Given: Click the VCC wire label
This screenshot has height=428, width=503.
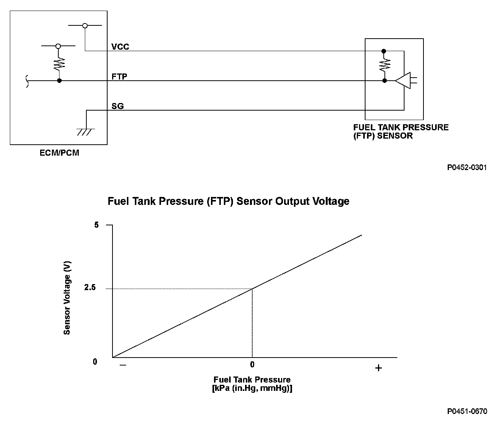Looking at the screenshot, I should [120, 47].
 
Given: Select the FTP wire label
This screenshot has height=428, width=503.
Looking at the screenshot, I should [119, 77].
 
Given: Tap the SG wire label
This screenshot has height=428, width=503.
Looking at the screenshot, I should [118, 106].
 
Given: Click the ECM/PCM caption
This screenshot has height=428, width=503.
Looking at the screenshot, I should [59, 153].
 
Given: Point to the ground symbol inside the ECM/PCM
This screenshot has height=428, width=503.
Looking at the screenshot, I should [86, 132].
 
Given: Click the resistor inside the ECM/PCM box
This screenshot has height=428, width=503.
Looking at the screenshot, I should [59, 63].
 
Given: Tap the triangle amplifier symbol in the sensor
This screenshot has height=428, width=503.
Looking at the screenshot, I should [403, 81].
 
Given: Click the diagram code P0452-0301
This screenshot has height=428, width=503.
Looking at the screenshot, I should [467, 167].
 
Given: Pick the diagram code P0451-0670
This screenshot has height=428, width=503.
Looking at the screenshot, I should [467, 411].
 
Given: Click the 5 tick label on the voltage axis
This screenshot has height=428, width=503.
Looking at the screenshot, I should [96, 225].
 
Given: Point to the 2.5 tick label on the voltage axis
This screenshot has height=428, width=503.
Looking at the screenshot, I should [90, 288].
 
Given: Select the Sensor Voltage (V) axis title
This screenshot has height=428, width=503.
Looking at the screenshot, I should [67, 298].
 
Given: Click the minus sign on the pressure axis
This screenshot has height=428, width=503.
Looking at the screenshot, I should [123, 365].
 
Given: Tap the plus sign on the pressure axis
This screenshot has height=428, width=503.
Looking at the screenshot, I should [378, 368].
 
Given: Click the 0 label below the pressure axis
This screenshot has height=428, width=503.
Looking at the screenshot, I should [252, 365].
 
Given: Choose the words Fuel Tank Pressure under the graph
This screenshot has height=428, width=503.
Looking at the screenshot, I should [252, 380].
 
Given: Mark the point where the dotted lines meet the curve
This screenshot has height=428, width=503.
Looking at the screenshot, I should [252, 289].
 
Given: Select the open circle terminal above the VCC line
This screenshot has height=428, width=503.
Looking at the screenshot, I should [85, 25].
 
